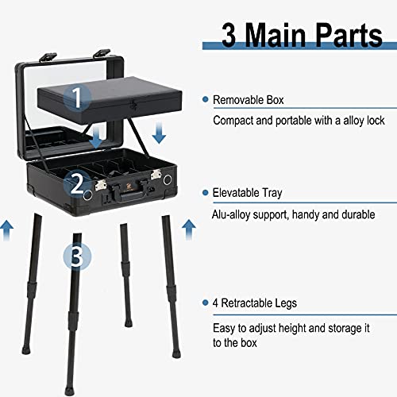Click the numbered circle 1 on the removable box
[x=77, y=96]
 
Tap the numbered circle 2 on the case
[x=77, y=184]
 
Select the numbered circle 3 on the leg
[x=77, y=256]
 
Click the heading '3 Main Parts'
[x=302, y=36]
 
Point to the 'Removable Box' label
[x=248, y=100]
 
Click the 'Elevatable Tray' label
[x=247, y=193]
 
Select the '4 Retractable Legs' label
[x=255, y=303]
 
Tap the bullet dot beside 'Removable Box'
[x=205, y=99]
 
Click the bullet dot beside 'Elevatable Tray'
[x=205, y=193]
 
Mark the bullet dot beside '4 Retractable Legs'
[x=205, y=303]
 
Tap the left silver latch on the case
[x=101, y=185]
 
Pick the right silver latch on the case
[x=156, y=175]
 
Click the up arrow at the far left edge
[x=6, y=230]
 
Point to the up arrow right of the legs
[x=189, y=230]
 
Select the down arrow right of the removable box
[x=159, y=133]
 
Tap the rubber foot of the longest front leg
[x=68, y=391]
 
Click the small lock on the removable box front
[x=133, y=105]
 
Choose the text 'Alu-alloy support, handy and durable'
[x=294, y=214]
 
